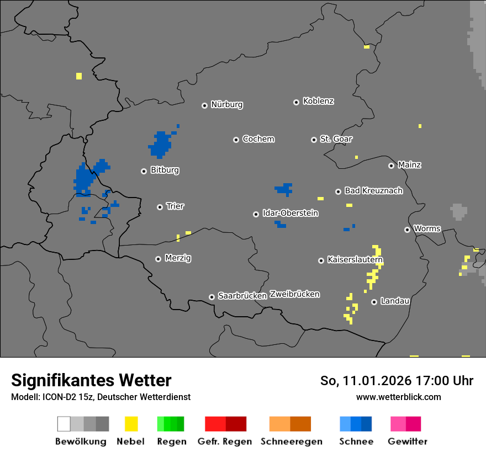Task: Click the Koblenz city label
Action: coord(318,102)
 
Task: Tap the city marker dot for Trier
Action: coord(160,207)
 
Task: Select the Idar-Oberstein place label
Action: coord(290,214)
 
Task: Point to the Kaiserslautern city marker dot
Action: coord(321,260)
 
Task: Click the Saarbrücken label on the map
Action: coord(242,296)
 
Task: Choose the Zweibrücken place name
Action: coord(294,294)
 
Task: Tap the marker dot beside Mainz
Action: coord(391,166)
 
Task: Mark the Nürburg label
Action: coord(226,105)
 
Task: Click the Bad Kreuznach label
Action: coord(373,191)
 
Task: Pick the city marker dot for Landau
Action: coord(374,302)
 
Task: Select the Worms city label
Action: coord(427,229)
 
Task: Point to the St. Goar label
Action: coord(336,139)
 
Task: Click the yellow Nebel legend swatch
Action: coord(131,424)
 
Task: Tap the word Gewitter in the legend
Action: coord(408,441)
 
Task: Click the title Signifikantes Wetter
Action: coord(91,381)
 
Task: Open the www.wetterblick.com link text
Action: coord(398,397)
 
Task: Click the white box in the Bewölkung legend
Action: coord(64,424)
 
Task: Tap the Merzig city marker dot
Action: coord(158,259)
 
